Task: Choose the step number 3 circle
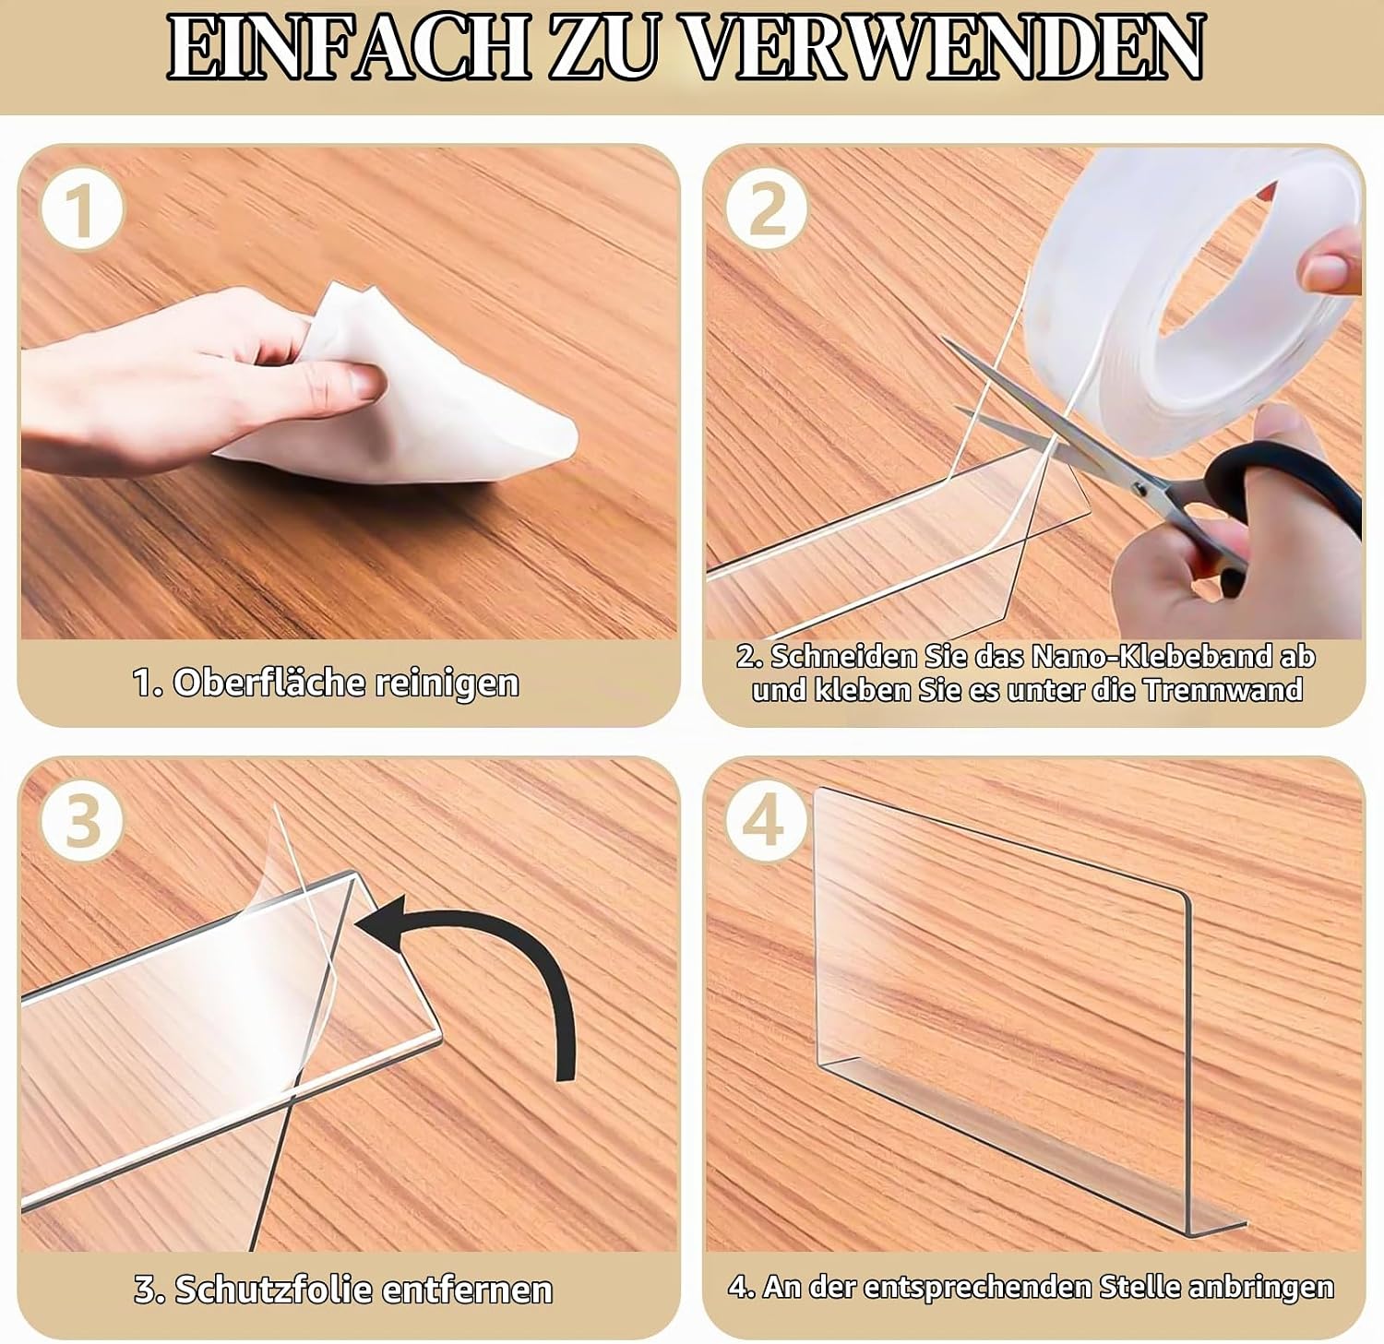81,820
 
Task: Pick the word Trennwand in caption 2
1223,690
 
